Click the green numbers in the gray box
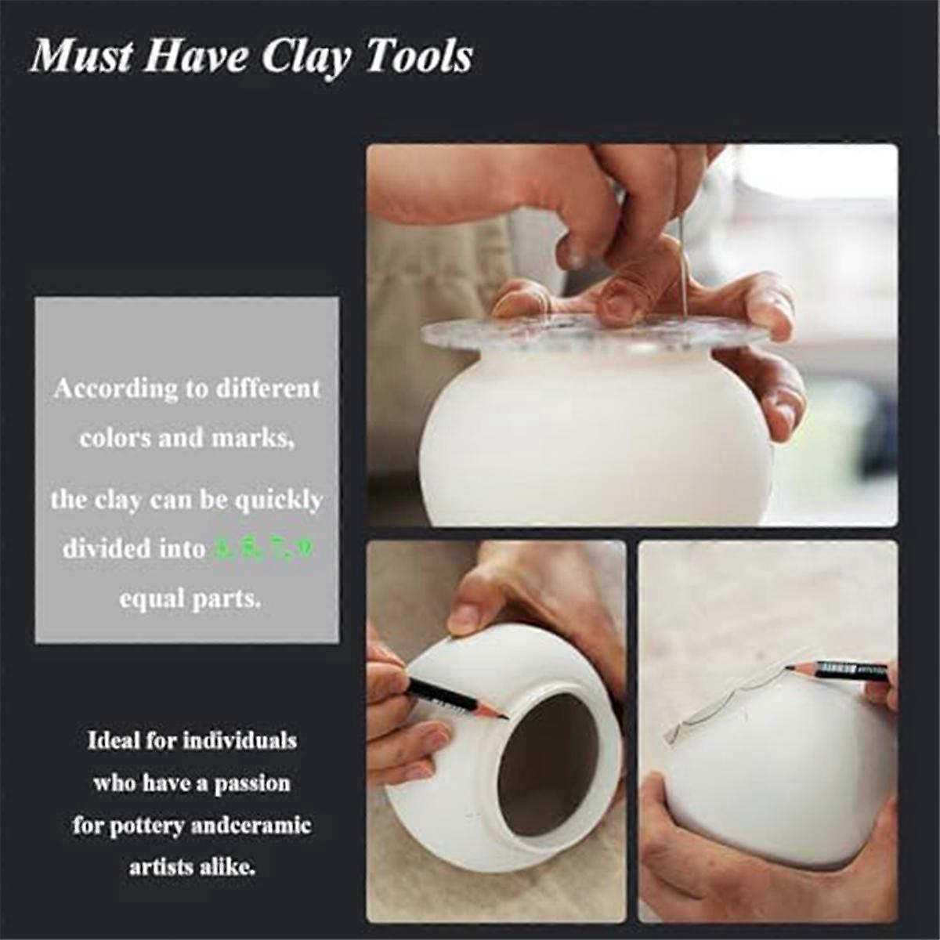(263, 549)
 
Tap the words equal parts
(189, 599)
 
